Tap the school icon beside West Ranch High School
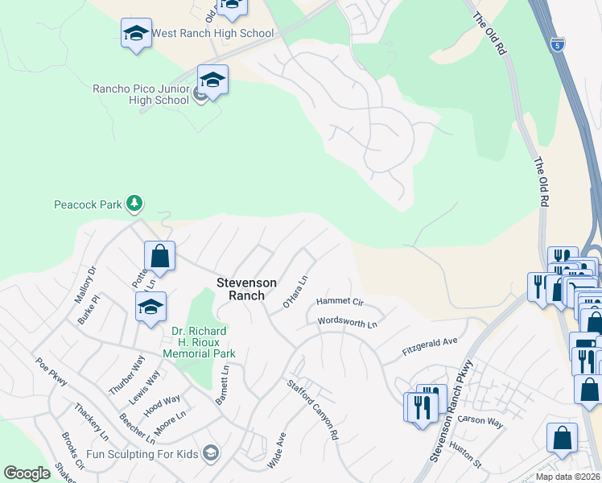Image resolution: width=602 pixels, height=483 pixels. click(136, 34)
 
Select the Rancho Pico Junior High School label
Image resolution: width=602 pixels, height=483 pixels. click(140, 94)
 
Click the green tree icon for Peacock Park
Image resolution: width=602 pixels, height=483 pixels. click(134, 204)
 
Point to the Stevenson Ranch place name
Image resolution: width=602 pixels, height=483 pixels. click(246, 289)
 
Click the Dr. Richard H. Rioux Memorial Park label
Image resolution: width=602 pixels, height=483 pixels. click(199, 342)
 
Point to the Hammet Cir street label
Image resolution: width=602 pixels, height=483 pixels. click(340, 301)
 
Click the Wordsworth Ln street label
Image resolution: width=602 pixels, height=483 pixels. click(348, 322)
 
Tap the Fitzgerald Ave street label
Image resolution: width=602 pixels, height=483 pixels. click(430, 347)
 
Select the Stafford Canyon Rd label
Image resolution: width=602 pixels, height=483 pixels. click(314, 409)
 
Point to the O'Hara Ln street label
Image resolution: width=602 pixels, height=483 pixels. click(296, 292)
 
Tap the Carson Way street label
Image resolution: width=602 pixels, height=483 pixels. click(480, 420)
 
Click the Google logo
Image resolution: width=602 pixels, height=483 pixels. click(27, 473)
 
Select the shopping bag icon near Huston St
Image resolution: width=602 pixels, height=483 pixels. click(562, 437)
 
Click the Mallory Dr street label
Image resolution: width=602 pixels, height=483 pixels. click(85, 284)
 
